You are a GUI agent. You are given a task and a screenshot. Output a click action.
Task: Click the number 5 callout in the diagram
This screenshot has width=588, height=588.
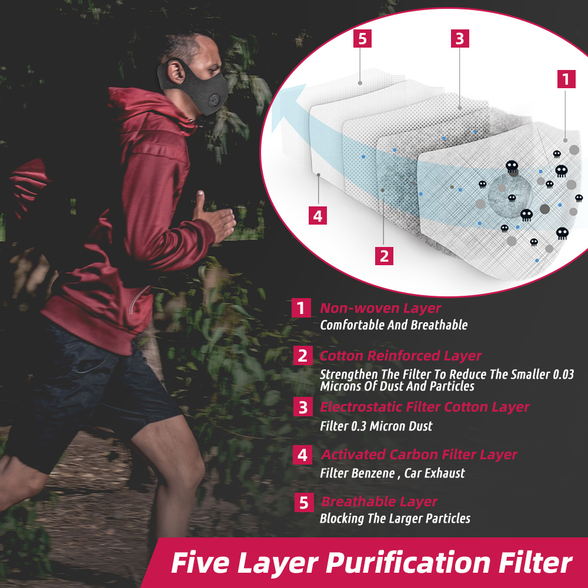pos(362,39)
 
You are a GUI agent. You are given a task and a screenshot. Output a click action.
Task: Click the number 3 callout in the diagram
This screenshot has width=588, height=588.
pos(460,39)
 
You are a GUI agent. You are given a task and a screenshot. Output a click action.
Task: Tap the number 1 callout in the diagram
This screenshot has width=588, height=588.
pos(566,79)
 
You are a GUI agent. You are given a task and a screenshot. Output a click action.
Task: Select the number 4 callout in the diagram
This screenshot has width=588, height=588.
pos(318,216)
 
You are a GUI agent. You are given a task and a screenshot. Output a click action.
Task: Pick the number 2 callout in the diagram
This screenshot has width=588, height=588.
pos(385,256)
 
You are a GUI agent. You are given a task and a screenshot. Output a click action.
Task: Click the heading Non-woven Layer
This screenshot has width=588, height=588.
pos(380,308)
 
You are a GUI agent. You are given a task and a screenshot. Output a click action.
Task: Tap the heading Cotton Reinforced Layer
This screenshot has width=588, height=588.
pos(400,356)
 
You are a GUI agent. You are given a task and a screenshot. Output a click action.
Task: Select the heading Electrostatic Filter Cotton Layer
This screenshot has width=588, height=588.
pos(425,407)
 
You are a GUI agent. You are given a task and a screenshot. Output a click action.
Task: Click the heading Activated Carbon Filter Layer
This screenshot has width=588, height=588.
pos(419,455)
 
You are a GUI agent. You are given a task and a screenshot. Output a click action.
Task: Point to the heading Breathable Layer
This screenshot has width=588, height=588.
pos(379,502)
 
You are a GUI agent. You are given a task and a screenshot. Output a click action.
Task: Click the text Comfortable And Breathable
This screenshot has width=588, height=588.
pos(394,325)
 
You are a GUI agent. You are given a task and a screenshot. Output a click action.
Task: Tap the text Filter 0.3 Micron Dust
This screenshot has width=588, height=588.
pos(376,426)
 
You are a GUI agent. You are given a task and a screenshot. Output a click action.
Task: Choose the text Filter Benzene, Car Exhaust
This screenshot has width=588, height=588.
pos(392,473)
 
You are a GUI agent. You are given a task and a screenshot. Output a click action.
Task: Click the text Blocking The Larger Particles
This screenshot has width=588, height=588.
pos(395,519)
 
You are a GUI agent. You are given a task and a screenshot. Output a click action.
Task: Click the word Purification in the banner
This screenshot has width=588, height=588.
pos(409,563)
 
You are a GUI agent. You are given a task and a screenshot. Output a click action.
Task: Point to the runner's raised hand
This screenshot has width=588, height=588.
pos(215,218)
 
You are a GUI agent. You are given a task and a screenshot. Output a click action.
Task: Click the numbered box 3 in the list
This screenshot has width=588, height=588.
pos(303,407)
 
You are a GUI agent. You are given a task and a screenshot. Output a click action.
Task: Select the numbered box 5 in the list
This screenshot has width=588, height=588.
pos(304,503)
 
